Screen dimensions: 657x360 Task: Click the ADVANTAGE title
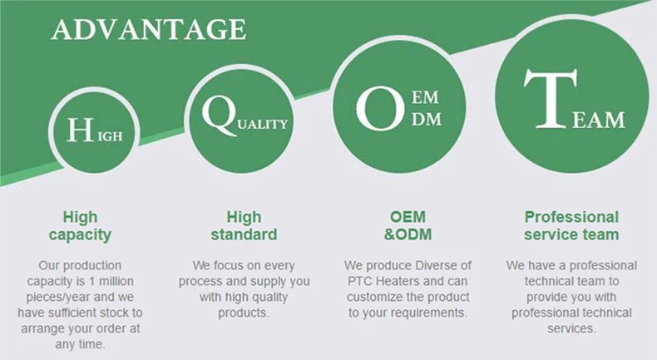click(x=149, y=30)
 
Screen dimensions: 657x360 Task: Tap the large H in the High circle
click(x=80, y=130)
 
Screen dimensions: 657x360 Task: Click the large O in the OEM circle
click(x=380, y=108)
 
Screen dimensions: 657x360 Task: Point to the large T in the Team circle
click(x=551, y=99)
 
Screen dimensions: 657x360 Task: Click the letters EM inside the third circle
click(x=425, y=97)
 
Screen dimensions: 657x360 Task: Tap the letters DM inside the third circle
click(x=427, y=120)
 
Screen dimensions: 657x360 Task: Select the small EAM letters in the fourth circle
click(x=598, y=121)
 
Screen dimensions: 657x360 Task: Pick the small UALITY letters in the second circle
click(x=263, y=125)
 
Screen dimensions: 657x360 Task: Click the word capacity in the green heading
click(x=80, y=235)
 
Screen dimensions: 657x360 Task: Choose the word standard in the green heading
click(x=244, y=234)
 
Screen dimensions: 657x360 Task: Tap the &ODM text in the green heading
click(x=408, y=234)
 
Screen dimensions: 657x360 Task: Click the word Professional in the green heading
click(x=571, y=217)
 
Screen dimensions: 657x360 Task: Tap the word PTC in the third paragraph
click(x=358, y=281)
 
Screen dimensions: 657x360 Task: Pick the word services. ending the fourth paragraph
click(x=571, y=328)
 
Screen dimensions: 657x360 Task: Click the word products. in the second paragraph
click(x=244, y=313)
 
